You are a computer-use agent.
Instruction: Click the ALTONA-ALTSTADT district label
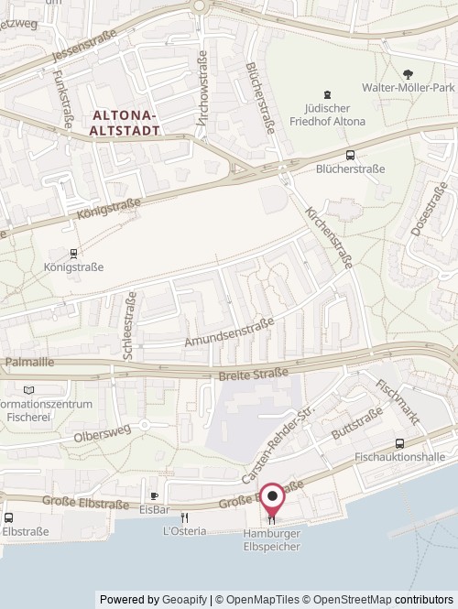click(126, 123)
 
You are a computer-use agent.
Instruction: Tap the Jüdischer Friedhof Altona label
click(327, 114)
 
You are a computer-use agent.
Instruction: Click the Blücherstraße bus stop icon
click(350, 155)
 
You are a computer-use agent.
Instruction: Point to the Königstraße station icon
click(74, 253)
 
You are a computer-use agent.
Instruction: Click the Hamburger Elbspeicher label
click(272, 539)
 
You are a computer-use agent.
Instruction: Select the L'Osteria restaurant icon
click(184, 517)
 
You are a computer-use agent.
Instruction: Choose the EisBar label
click(154, 509)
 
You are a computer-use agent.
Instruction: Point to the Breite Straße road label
click(254, 374)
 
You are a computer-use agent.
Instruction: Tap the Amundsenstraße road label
click(229, 332)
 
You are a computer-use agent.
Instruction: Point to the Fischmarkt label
click(397, 402)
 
